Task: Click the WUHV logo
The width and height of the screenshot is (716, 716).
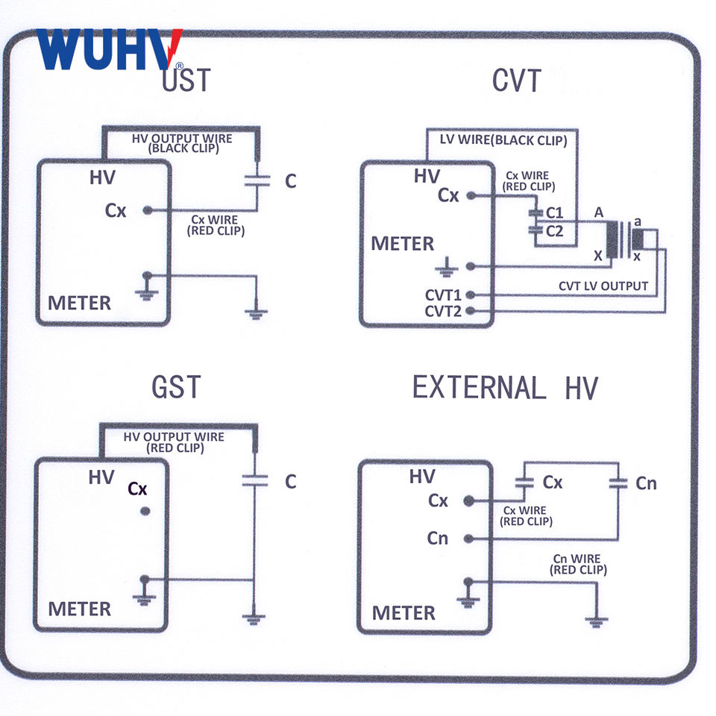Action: (x=110, y=49)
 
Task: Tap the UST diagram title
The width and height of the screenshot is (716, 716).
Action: (x=186, y=80)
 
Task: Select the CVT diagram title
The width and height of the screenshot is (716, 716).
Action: (x=516, y=81)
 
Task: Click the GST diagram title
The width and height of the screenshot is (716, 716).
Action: (x=176, y=387)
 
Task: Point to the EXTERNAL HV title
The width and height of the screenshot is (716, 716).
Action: (x=505, y=388)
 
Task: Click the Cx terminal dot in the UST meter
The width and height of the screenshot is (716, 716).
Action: (x=148, y=210)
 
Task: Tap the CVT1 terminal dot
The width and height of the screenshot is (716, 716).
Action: (x=471, y=295)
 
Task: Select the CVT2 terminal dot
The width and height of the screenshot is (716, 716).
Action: (x=471, y=311)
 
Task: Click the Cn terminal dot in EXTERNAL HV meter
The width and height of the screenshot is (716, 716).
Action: (x=468, y=538)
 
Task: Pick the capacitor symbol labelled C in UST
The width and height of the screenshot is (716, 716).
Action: (x=257, y=180)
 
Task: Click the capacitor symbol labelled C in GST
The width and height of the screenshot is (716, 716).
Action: (x=255, y=480)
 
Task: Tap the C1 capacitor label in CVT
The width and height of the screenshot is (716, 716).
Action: (x=555, y=213)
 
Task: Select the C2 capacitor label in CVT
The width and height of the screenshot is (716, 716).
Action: (x=555, y=231)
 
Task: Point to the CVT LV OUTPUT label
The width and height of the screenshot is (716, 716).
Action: (x=603, y=286)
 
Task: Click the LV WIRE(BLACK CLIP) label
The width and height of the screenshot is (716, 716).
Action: (x=503, y=140)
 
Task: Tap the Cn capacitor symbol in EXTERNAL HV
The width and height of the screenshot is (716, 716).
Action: (x=618, y=483)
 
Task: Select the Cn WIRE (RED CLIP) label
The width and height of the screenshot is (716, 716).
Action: (x=578, y=565)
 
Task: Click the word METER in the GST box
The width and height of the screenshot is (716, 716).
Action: (x=80, y=609)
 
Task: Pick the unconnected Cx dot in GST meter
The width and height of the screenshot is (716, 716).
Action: (x=145, y=511)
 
